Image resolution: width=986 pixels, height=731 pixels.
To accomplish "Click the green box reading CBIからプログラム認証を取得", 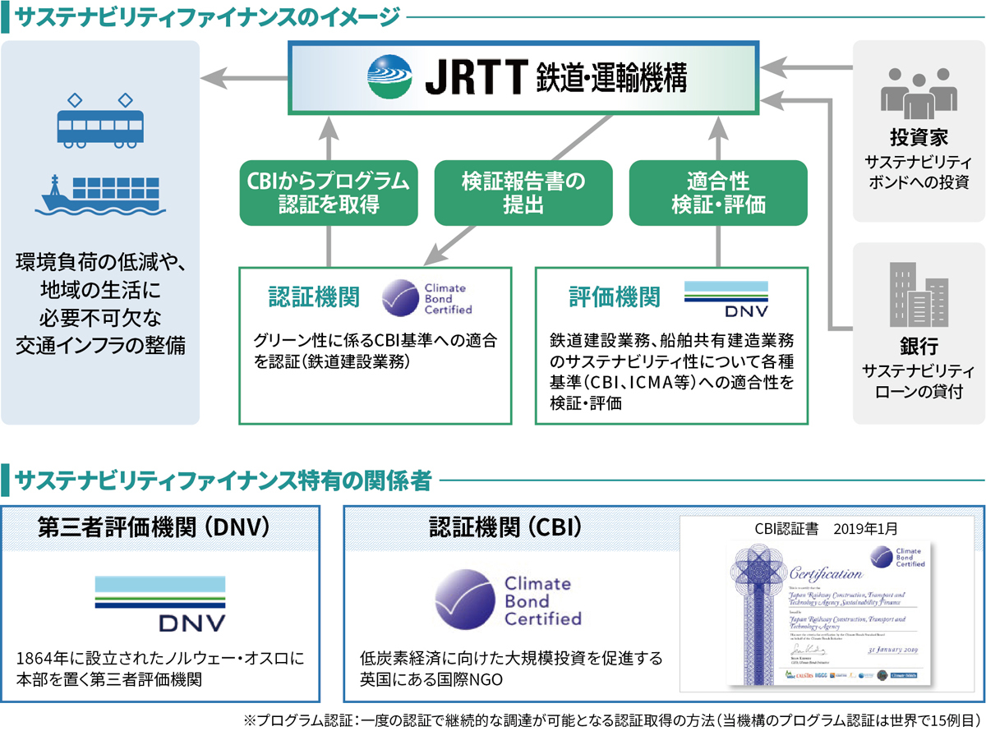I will click(x=328, y=192).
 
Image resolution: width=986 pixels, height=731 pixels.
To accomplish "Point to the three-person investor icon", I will click(x=919, y=90).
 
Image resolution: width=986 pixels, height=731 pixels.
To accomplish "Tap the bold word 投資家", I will click(x=919, y=136).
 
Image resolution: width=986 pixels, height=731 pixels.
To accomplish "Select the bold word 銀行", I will click(x=919, y=344).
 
